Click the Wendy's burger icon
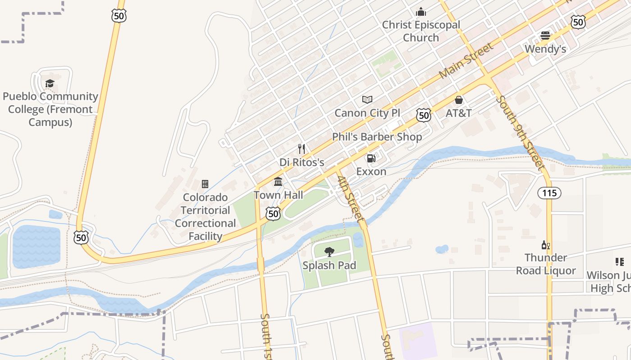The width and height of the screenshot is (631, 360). pos(545,36)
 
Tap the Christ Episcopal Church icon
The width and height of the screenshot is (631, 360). pos(421,12)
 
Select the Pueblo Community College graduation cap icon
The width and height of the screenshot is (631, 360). pos(50,83)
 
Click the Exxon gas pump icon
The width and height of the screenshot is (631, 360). pos(371,158)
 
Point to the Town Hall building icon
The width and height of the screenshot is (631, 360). pos(278,182)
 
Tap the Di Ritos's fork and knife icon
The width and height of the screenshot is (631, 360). pos(302,149)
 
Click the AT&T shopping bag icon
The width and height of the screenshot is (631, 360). pos(459,100)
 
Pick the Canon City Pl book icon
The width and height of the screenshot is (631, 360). pos(367,100)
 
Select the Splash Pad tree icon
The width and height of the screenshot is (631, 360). pos(329,252)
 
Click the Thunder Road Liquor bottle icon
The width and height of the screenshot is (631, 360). pos(545,245)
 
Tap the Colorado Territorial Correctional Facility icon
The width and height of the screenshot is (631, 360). pos(205,184)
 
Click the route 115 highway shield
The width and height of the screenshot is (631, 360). pos(549,193)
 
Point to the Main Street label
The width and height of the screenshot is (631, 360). pos(466,60)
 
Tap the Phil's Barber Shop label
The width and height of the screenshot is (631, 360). pos(377,137)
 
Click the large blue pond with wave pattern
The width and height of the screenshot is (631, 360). pos(36,247)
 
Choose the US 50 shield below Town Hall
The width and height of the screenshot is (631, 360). pos(273,214)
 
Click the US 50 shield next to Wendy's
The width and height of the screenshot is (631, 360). pos(578,22)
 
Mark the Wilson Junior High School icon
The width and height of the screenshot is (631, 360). pos(619,262)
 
